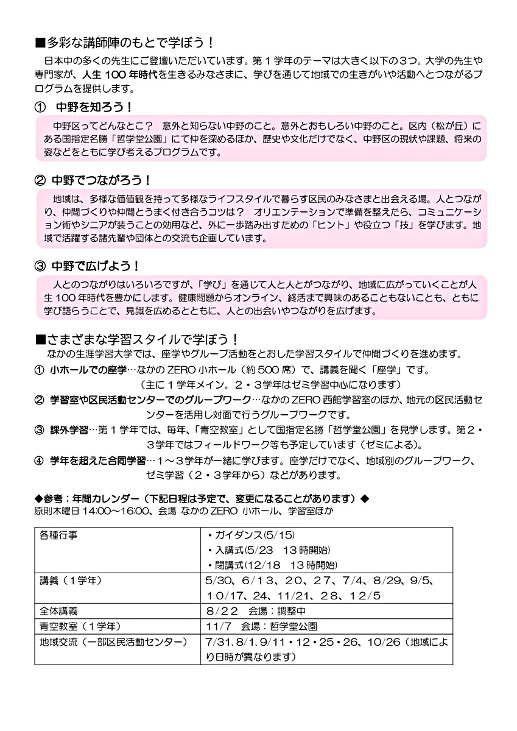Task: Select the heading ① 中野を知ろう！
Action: (x=85, y=107)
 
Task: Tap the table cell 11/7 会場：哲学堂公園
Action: (x=261, y=626)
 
